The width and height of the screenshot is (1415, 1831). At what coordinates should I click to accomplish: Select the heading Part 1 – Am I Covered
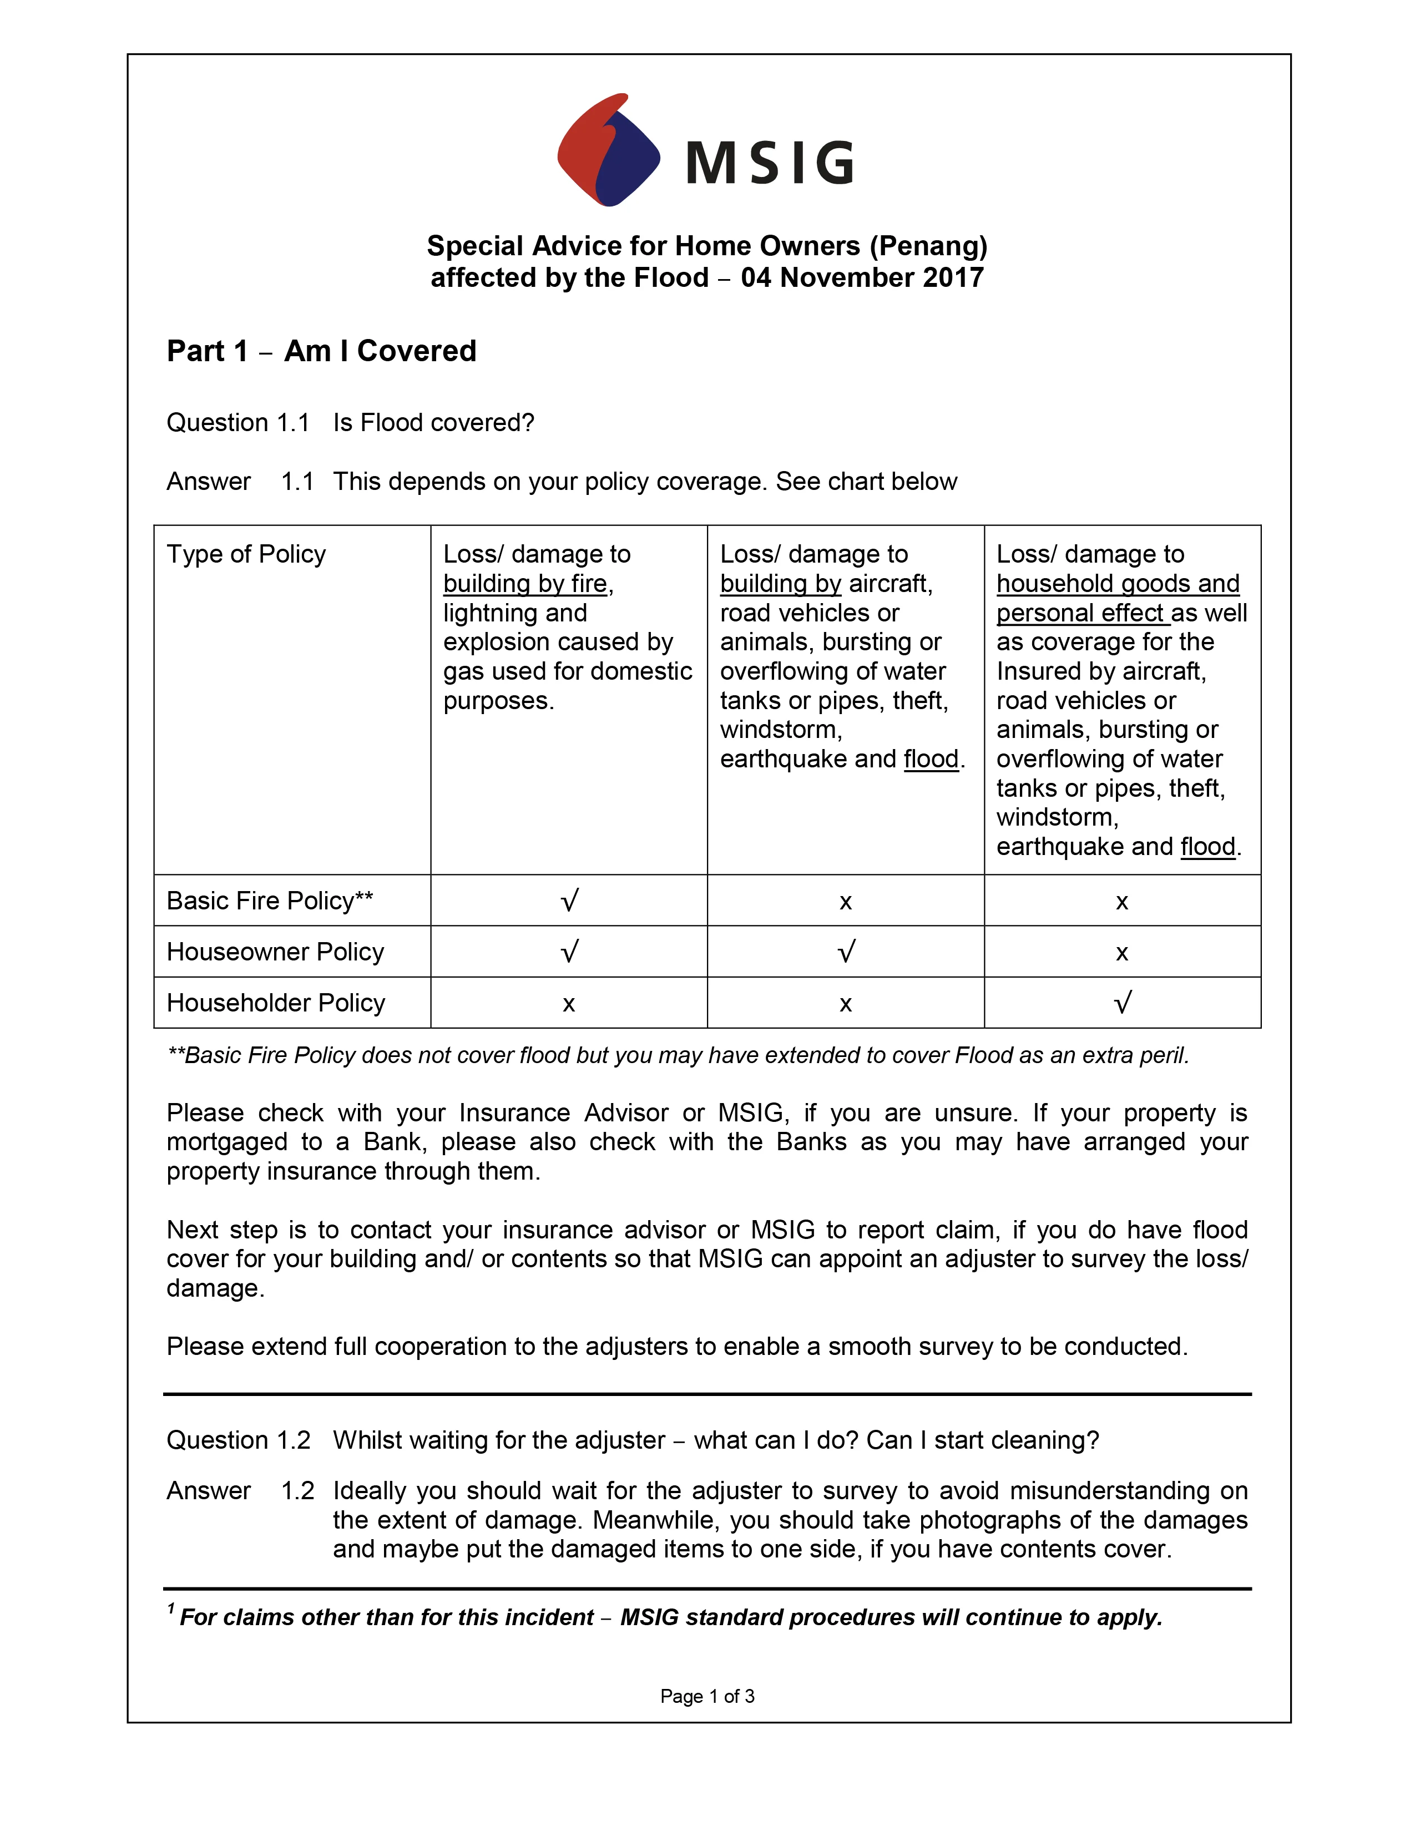point(321,351)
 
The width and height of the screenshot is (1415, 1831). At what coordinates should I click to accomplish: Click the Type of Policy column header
point(246,554)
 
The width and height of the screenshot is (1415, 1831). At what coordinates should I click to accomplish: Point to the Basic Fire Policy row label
point(269,901)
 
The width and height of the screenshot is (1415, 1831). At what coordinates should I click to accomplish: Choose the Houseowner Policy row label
point(275,952)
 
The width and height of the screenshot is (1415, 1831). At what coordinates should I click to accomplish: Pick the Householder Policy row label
point(276,1003)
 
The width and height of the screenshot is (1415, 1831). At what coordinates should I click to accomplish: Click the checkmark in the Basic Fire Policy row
point(569,901)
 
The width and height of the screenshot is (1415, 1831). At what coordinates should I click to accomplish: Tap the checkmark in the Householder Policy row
point(1123,1003)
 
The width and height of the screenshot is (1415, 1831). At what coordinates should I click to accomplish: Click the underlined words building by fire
point(525,584)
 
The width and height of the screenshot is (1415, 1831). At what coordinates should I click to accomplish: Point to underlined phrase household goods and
point(1118,584)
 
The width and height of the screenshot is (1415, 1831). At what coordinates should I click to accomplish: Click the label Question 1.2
point(238,1439)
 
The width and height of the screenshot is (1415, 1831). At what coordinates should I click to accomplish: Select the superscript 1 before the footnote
point(171,1608)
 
